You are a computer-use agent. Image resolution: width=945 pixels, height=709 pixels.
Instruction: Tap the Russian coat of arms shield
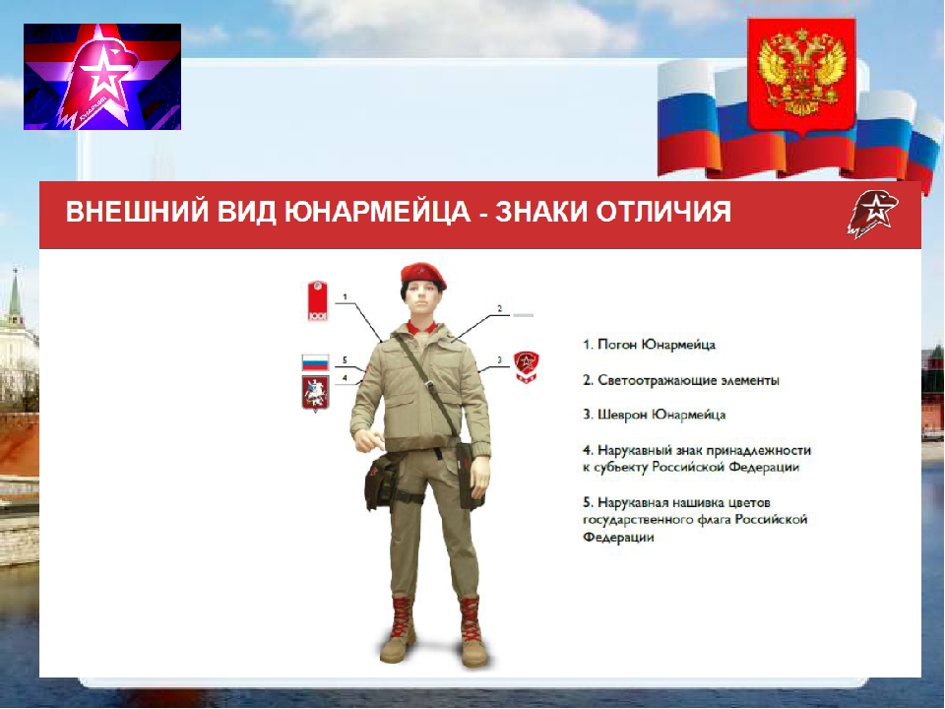pyautogui.click(x=801, y=76)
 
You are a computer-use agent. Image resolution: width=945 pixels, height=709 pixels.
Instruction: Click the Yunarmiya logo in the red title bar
pyautogui.click(x=872, y=214)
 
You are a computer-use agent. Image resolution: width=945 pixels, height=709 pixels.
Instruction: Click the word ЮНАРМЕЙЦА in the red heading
pyautogui.click(x=376, y=213)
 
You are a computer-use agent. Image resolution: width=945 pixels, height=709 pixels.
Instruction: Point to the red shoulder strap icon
pyautogui.click(x=317, y=300)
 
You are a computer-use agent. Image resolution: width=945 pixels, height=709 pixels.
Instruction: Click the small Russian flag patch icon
pyautogui.click(x=315, y=363)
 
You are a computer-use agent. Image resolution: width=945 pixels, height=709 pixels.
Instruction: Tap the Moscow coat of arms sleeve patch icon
pyautogui.click(x=315, y=393)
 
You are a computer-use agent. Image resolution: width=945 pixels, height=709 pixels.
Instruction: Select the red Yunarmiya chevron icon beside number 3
pyautogui.click(x=526, y=367)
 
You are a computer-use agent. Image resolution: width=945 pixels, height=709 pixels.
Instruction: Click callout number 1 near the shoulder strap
pyautogui.click(x=345, y=296)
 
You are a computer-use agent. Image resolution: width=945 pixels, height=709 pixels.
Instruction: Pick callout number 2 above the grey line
pyautogui.click(x=500, y=308)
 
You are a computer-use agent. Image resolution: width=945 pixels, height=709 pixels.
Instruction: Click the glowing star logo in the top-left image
pyautogui.click(x=102, y=77)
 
